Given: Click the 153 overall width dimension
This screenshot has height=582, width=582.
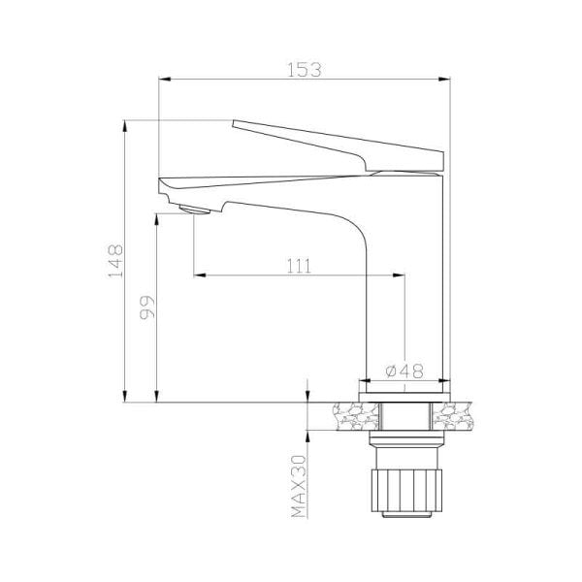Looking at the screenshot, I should pyautogui.click(x=306, y=69).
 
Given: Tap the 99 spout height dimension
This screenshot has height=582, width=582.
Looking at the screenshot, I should pyautogui.click(x=146, y=309).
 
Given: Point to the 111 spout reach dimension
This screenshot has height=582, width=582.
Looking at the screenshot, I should pyautogui.click(x=299, y=264).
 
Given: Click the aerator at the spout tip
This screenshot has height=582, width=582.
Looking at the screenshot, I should pyautogui.click(x=195, y=210).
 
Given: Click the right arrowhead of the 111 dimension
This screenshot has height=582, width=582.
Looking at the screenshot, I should pyautogui.click(x=399, y=276).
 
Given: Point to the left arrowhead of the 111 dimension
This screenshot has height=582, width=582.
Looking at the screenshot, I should pyautogui.click(x=201, y=276).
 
